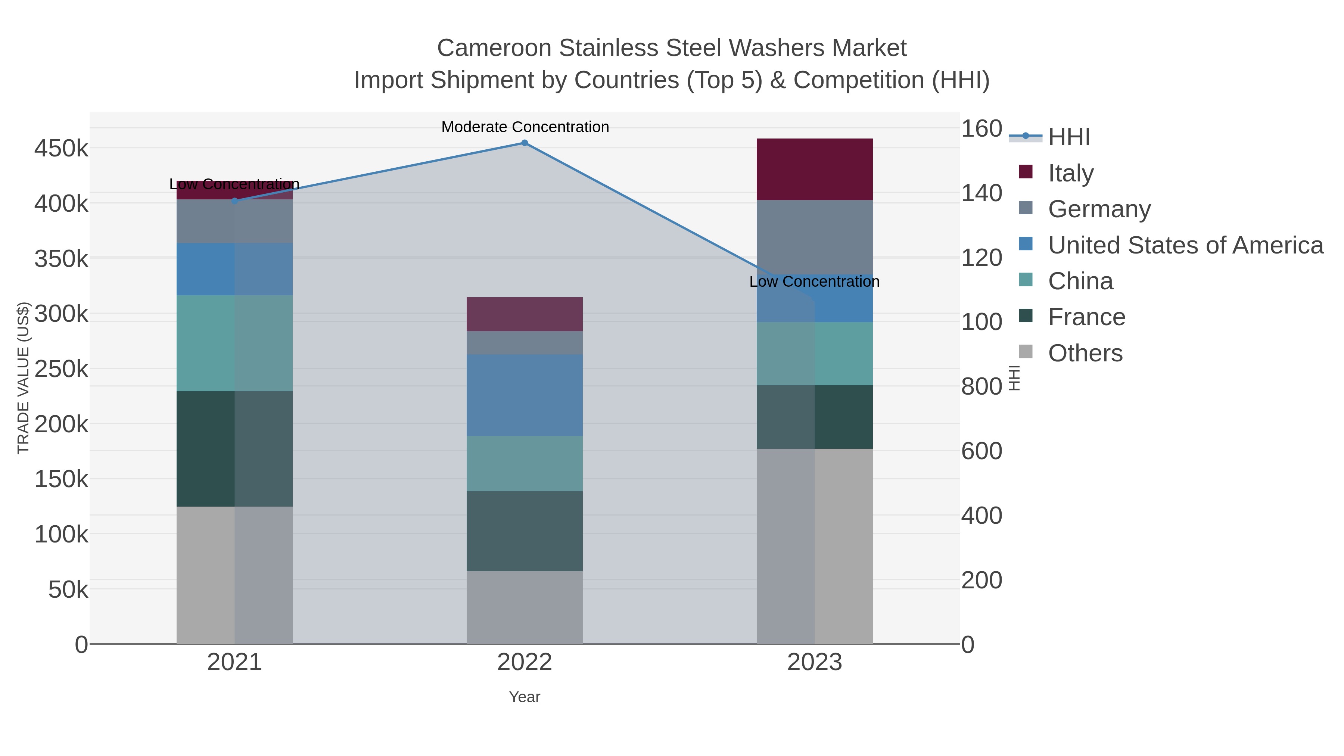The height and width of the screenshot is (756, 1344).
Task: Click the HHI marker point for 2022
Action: point(525,143)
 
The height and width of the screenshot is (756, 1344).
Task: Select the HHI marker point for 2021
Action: point(234,201)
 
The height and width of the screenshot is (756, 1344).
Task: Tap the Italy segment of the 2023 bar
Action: point(815,169)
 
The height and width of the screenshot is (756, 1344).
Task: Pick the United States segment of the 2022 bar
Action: point(525,395)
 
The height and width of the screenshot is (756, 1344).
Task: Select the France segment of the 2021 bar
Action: point(234,449)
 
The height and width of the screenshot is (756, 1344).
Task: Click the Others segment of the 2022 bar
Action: point(525,607)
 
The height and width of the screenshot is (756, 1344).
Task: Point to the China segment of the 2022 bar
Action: point(525,463)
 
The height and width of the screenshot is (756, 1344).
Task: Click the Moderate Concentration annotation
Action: point(525,127)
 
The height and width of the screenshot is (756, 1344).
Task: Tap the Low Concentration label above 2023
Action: point(814,282)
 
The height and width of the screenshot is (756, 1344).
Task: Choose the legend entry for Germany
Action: point(1099,209)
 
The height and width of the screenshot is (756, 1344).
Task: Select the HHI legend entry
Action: point(1068,137)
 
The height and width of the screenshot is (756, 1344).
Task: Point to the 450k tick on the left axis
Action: point(61,149)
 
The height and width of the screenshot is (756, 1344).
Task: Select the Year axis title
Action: point(525,697)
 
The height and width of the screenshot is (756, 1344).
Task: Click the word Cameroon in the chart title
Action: point(494,48)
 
